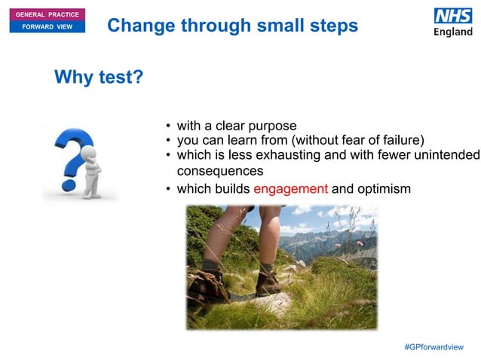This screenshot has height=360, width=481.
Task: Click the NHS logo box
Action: pyautogui.click(x=452, y=16)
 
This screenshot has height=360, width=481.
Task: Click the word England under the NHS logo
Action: pyautogui.click(x=452, y=32)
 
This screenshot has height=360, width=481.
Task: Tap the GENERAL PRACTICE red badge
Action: pyautogui.click(x=43, y=15)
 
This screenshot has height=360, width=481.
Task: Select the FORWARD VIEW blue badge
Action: pyautogui.click(x=43, y=27)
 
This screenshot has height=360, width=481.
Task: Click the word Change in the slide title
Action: pyautogui.click(x=136, y=26)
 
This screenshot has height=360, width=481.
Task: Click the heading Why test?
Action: pyautogui.click(x=98, y=78)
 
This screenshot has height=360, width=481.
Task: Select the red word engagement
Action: pyautogui.click(x=290, y=188)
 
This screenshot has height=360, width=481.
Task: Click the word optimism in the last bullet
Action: pyautogui.click(x=384, y=188)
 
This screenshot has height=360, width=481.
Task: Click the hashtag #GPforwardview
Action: pyautogui.click(x=434, y=346)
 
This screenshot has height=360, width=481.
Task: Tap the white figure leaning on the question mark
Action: pyautogui.click(x=90, y=169)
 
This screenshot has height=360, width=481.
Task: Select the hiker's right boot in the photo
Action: pyautogui.click(x=267, y=283)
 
